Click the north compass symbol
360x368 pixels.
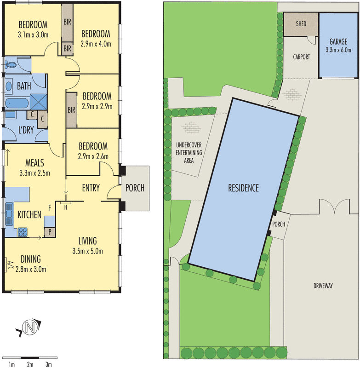[x=30, y=328]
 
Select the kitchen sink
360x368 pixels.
[x=9, y=214]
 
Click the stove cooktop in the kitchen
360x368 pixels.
[x=23, y=233]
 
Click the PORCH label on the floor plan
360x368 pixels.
[x=135, y=188]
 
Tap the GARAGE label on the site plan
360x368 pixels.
[x=336, y=42]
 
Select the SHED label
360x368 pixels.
[x=301, y=23]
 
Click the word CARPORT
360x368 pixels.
[x=301, y=57]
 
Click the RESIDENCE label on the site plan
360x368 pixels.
[x=244, y=188]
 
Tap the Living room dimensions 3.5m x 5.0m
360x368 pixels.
[x=87, y=251]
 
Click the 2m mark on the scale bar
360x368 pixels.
[x=30, y=365]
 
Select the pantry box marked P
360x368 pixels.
[x=50, y=231]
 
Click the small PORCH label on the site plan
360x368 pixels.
[x=279, y=224]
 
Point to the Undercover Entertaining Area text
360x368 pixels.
[x=189, y=153]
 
